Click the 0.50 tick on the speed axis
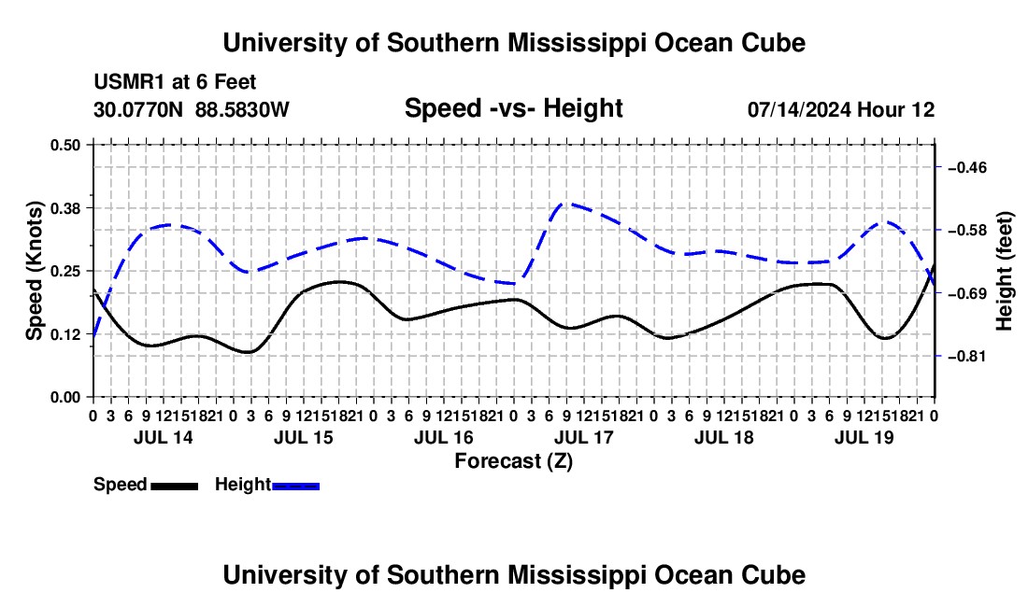pyautogui.click(x=64, y=145)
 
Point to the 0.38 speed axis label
pyautogui.click(x=64, y=208)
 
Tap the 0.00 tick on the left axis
pyautogui.click(x=64, y=397)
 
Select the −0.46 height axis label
pyautogui.click(x=967, y=168)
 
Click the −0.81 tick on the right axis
pyautogui.click(x=967, y=356)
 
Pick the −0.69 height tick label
pyautogui.click(x=967, y=293)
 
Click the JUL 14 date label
pyautogui.click(x=164, y=437)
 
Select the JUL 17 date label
pyautogui.click(x=583, y=437)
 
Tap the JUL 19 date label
pyautogui.click(x=864, y=437)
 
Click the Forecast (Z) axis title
pyautogui.click(x=514, y=461)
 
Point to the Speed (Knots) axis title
pyautogui.click(x=34, y=271)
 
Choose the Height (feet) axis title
pyautogui.click(x=1004, y=271)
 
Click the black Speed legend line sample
pyautogui.click(x=175, y=487)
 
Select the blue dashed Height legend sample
pyautogui.click(x=295, y=487)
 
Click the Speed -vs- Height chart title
pyautogui.click(x=513, y=108)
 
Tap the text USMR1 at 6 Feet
pyautogui.click(x=175, y=82)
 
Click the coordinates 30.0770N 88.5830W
pyautogui.click(x=192, y=109)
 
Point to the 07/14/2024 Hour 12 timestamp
pyautogui.click(x=841, y=109)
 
